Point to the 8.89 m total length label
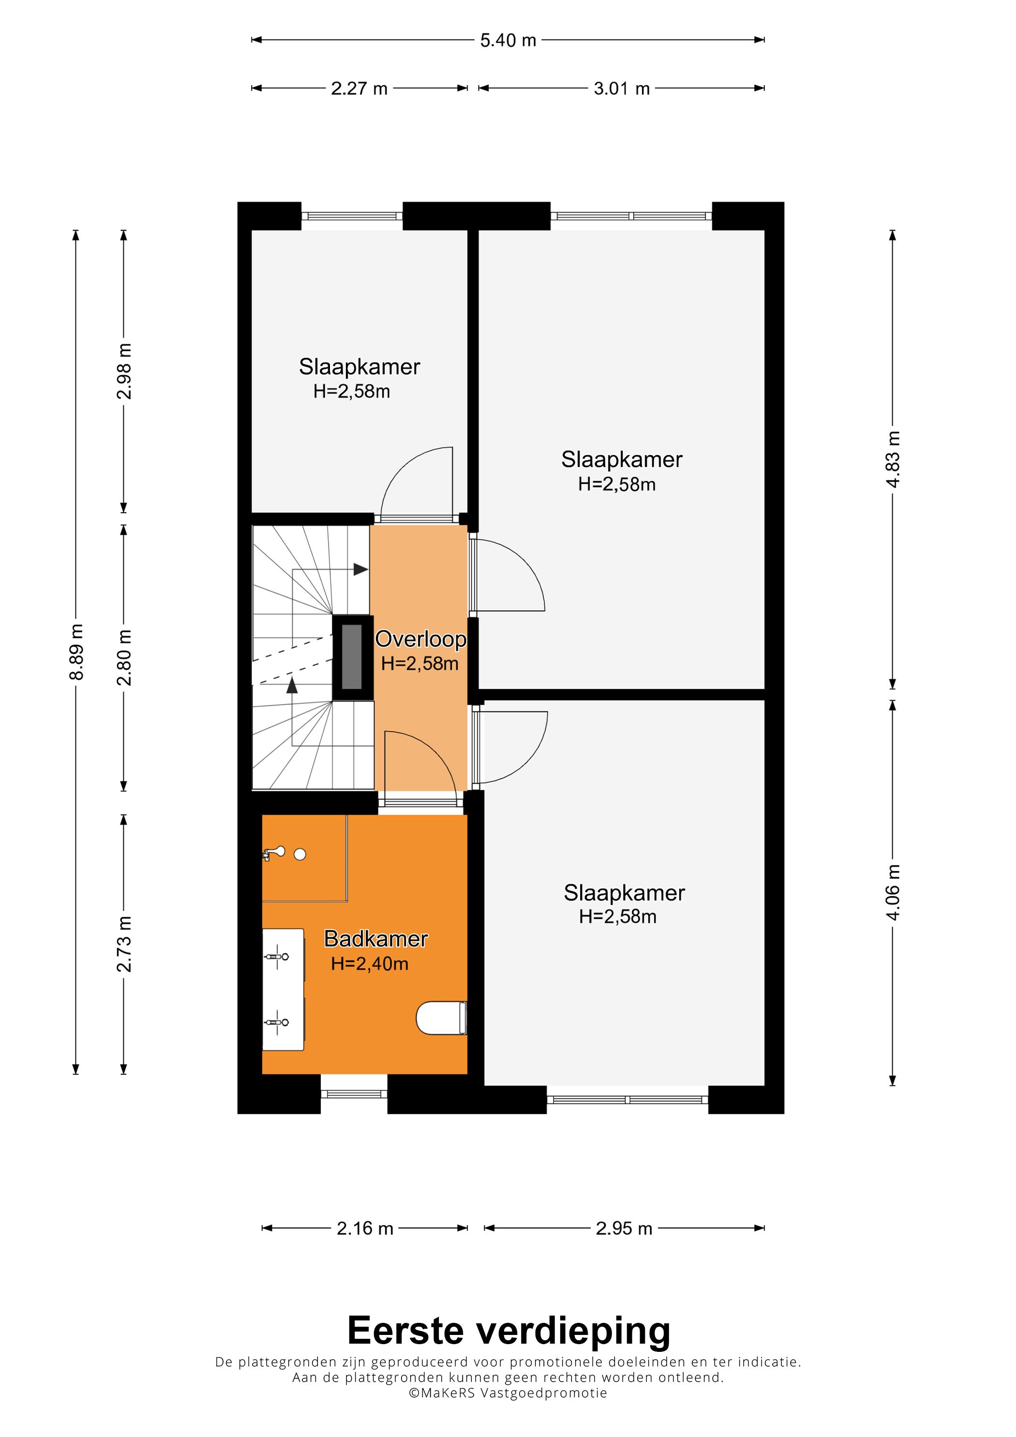click(76, 652)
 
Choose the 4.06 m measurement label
click(893, 892)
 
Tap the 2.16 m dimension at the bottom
click(365, 1229)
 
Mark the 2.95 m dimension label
click(624, 1229)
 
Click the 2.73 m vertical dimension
click(124, 944)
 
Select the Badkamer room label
click(375, 939)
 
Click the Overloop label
click(421, 639)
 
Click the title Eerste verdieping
click(508, 1330)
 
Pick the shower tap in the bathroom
click(273, 852)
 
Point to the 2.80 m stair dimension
click(124, 657)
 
